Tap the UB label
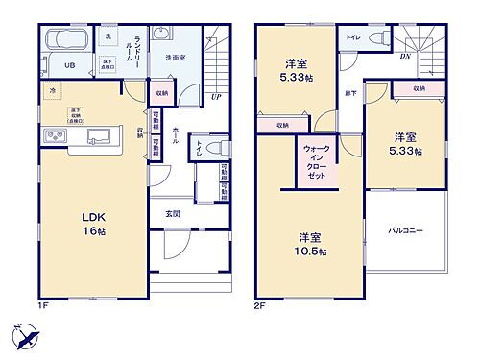(x=70, y=65)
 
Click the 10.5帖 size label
(x=312, y=252)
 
